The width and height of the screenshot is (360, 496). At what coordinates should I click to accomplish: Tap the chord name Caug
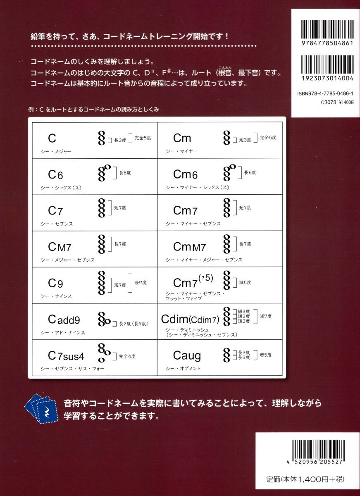click(187, 355)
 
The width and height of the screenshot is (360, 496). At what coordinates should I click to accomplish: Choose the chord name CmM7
click(189, 247)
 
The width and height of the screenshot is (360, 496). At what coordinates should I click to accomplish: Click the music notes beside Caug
click(226, 355)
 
